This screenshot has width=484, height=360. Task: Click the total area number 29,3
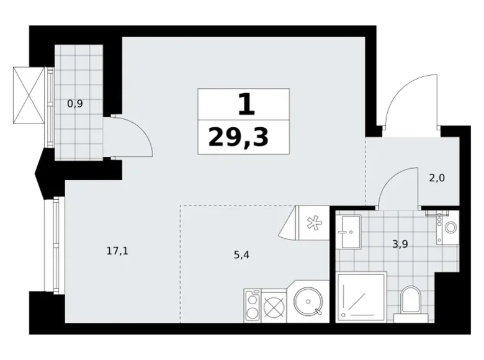click(x=239, y=137)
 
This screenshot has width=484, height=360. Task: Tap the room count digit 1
click(x=246, y=104)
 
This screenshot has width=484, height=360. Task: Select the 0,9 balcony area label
click(x=75, y=104)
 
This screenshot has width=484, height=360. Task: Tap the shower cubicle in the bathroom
click(x=361, y=297)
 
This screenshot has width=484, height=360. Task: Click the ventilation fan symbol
click(x=313, y=222)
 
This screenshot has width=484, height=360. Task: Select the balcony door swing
click(x=133, y=136)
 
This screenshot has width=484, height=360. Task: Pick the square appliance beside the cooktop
click(x=274, y=305)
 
